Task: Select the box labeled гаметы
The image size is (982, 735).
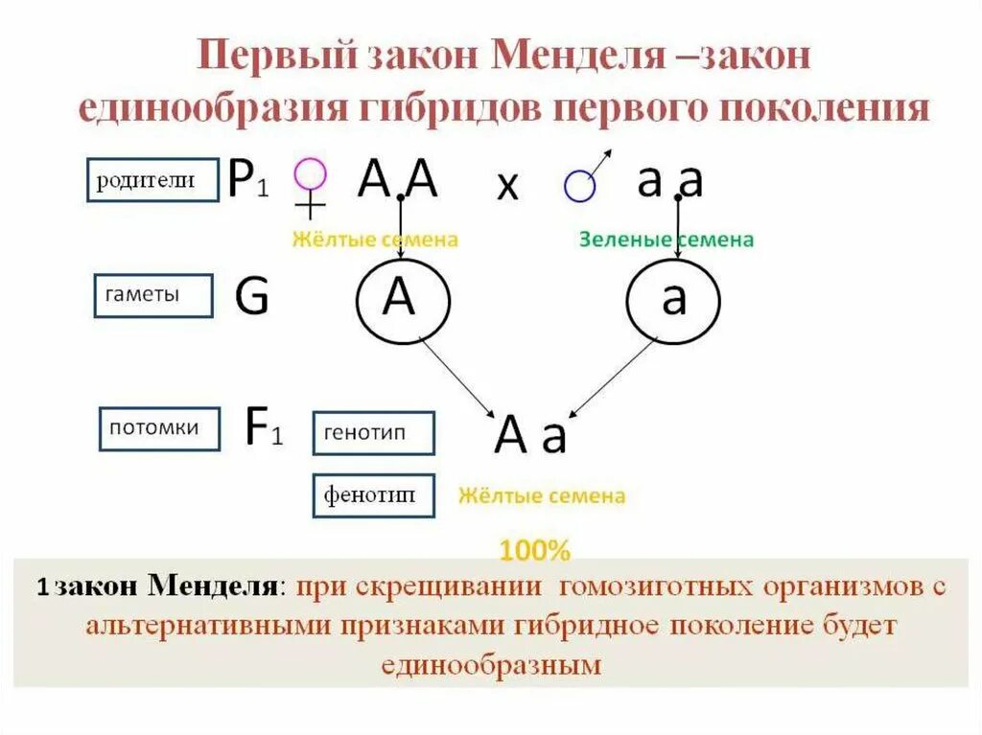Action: point(152,295)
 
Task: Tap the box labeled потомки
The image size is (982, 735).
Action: point(159,428)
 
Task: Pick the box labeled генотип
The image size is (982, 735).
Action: point(373,433)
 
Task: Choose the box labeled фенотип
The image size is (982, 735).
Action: point(373,495)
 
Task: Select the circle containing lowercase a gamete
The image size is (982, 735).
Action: point(674,300)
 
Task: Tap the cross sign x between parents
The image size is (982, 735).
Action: point(507,187)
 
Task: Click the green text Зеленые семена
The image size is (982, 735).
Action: point(666,240)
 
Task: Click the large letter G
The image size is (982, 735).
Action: point(251,298)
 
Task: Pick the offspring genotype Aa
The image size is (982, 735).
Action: point(531,436)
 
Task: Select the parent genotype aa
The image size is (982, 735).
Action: point(670,179)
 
